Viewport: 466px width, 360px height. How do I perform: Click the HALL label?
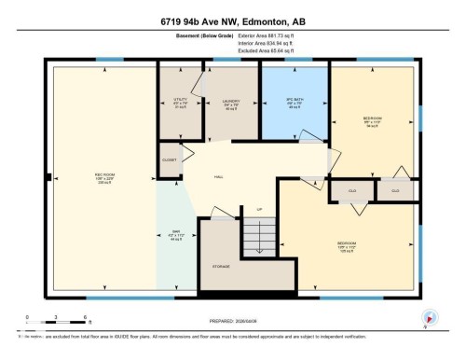(220, 175)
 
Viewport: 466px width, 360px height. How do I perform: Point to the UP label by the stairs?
(259, 209)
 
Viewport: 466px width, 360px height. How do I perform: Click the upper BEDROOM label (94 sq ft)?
(373, 119)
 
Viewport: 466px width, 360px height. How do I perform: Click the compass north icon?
(428, 317)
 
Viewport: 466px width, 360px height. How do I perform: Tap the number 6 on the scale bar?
(85, 318)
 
